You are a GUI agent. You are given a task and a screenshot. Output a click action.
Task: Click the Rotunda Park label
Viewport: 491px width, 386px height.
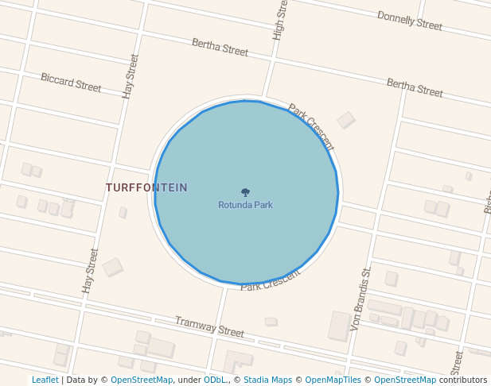245,205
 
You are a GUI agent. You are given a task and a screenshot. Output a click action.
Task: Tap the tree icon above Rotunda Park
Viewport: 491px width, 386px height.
245,192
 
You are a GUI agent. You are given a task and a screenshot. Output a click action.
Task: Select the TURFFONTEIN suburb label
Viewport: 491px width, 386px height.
146,188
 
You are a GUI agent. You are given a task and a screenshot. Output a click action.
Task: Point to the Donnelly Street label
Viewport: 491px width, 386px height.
409,21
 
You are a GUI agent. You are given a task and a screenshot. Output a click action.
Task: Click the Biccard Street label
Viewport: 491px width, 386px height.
71,82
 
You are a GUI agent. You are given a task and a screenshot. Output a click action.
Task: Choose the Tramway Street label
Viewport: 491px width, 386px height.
209,326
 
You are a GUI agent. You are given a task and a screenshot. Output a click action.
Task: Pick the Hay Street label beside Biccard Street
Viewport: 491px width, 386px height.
131,76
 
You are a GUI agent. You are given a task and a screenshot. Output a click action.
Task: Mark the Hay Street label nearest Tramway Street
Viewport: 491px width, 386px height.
91,270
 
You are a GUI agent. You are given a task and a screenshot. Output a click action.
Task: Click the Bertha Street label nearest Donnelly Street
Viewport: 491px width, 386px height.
415,87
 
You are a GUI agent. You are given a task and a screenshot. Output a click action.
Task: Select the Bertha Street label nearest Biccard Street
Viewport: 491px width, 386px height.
220,48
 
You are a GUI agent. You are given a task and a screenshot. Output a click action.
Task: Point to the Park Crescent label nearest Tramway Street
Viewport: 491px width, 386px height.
271,280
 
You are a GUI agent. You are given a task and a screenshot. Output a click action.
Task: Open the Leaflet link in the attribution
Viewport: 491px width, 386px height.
45,380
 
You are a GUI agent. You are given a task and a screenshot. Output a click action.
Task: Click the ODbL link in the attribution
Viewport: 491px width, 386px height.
214,380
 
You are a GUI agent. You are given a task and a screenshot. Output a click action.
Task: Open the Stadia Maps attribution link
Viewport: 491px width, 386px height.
267,380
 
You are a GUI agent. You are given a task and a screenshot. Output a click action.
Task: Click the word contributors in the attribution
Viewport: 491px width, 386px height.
463,380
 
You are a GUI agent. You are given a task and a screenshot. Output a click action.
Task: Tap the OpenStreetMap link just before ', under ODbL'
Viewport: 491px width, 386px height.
142,380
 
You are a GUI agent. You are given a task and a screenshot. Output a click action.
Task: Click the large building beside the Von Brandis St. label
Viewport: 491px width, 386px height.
340,326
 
